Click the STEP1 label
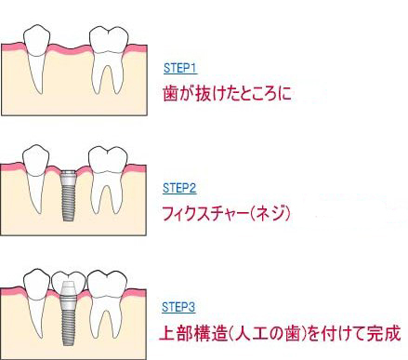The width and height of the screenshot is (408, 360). [178, 68]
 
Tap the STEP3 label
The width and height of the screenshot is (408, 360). [179, 306]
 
